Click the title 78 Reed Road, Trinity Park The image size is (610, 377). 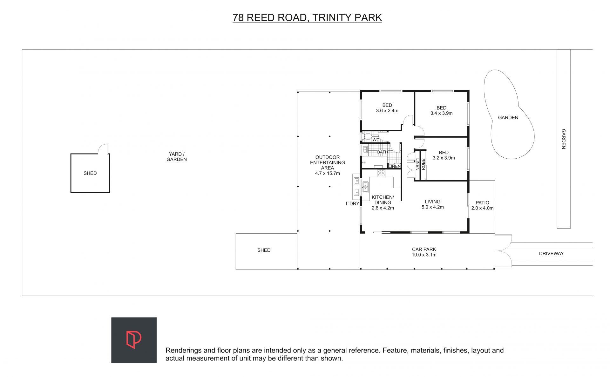tap(307, 17)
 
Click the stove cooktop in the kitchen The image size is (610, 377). tap(381, 173)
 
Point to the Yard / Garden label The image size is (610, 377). tap(177, 157)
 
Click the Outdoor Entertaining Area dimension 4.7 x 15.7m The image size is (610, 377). tap(328, 173)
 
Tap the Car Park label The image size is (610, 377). tap(424, 250)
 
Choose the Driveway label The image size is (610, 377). tap(551, 254)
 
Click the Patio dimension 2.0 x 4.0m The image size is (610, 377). tap(482, 208)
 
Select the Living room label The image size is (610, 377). tap(433, 202)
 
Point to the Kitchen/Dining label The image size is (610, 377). tap(383, 200)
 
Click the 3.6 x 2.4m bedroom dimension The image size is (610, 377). tap(387, 111)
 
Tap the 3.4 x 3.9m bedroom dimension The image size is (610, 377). tap(442, 113)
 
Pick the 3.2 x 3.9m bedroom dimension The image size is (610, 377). tap(444, 158)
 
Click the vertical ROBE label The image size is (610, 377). tap(423, 164)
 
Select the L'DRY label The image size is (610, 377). tap(353, 203)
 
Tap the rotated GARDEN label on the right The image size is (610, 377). tap(563, 139)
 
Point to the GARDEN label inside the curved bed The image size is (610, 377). tap(508, 118)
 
